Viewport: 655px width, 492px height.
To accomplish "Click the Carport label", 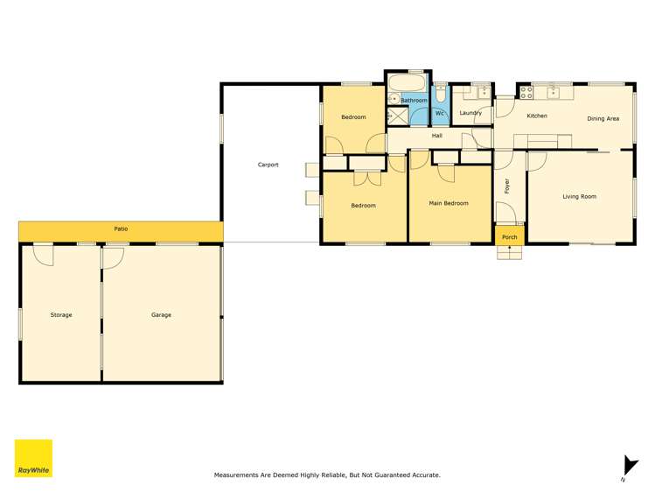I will [x=268, y=165].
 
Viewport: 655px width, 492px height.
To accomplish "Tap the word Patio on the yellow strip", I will [x=121, y=229].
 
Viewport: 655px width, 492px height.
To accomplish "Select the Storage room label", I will [x=61, y=314].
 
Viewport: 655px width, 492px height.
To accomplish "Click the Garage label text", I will [x=161, y=314].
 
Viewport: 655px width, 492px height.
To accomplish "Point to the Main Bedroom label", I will [x=449, y=203].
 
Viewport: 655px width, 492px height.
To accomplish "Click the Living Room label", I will [x=579, y=197].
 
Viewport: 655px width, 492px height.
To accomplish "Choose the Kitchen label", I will [x=536, y=116].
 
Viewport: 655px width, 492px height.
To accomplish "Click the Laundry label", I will [x=470, y=113].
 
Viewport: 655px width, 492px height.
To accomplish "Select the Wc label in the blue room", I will [x=441, y=113].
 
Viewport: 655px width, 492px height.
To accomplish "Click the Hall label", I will [x=436, y=136].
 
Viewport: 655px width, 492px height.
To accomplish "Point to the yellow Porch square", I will [x=509, y=237].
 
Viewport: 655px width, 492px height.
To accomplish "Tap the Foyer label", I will [x=505, y=186].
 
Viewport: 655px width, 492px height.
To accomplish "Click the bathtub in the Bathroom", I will [x=406, y=85].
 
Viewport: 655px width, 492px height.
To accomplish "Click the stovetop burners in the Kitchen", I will [x=526, y=90].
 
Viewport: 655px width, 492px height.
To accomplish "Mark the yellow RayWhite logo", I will [x=33, y=458].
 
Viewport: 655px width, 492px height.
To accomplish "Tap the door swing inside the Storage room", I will [x=42, y=255].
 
